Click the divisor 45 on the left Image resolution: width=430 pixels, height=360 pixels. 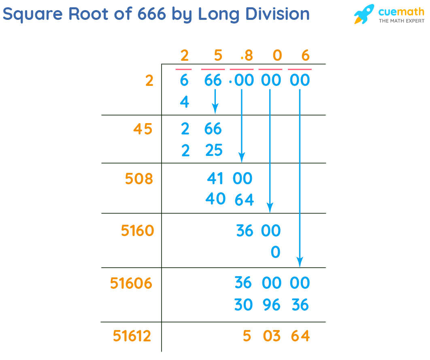(143, 130)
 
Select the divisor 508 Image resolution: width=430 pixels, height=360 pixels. (139, 179)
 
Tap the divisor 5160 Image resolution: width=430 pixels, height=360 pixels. (138, 231)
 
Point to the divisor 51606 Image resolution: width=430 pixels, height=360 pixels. (131, 283)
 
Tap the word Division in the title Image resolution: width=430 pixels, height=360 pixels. (280, 15)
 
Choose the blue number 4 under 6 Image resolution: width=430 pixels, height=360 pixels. (185, 102)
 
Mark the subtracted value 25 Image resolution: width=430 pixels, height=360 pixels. (214, 151)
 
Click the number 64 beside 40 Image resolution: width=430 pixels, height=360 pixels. (244, 200)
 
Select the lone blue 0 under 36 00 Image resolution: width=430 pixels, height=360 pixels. (275, 252)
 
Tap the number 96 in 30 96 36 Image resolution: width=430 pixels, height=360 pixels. (271, 305)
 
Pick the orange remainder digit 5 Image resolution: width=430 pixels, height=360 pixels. (247, 336)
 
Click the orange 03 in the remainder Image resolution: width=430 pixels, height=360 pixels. (271, 336)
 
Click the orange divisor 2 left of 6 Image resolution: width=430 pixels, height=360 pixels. (149, 81)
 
